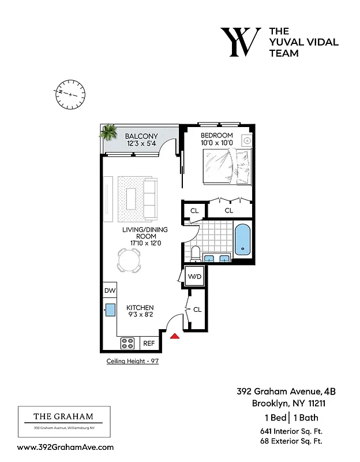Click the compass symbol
[x=70, y=92]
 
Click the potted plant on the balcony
[x=107, y=133]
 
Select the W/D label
[x=195, y=277]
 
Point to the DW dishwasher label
[x=110, y=290]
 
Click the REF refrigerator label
[x=149, y=343]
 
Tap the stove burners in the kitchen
[x=127, y=343]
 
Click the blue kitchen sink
[x=110, y=310]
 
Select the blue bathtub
[x=243, y=240]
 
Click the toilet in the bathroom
[x=195, y=252]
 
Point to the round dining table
[x=129, y=260]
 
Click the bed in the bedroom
[x=227, y=166]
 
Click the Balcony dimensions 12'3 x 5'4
[x=141, y=144]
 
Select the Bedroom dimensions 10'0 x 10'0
[x=216, y=143]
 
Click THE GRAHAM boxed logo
[x=63, y=422]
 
